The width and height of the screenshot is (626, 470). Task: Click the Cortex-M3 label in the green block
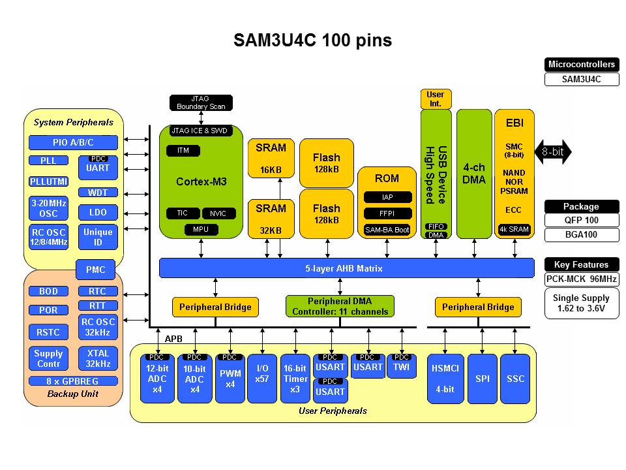[201, 181]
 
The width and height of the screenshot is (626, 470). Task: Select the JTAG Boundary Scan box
[201, 102]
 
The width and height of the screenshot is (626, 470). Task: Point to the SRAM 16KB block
[271, 158]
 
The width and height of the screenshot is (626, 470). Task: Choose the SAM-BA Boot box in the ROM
[387, 230]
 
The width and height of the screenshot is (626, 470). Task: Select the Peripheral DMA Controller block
[340, 306]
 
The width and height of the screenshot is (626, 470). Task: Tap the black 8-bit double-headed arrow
[553, 153]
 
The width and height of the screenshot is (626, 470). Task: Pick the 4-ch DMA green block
[474, 173]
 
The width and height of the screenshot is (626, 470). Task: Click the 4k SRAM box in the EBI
[514, 229]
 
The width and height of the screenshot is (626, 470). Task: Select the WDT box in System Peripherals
[97, 193]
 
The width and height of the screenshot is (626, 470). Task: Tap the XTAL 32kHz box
[97, 358]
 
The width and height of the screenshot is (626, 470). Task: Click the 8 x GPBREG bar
[73, 381]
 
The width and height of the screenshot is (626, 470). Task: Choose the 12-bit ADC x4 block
[158, 379]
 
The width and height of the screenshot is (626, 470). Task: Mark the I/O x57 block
[262, 379]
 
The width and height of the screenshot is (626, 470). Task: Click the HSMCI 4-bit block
[445, 379]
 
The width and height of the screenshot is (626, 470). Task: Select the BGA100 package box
[581, 235]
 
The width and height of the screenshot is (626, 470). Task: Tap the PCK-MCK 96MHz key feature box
[581, 279]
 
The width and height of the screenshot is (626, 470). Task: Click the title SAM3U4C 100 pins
[313, 40]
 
